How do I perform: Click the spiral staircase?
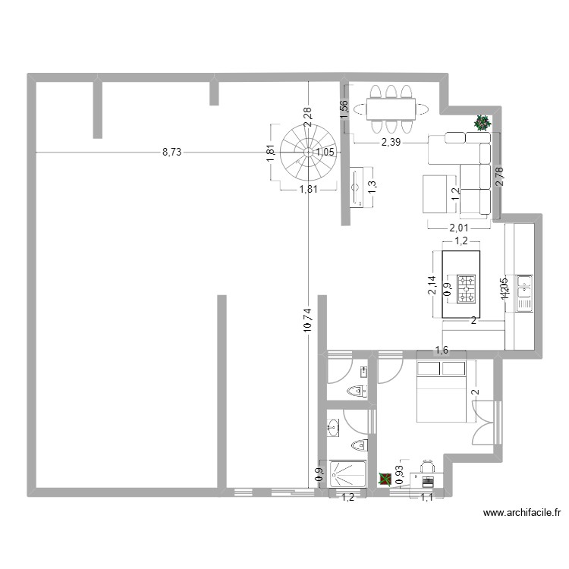click(307, 151)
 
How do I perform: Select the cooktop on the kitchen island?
click(466, 288)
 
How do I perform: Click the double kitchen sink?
click(524, 292)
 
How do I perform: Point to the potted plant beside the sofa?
click(482, 122)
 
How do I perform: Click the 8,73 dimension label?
click(171, 152)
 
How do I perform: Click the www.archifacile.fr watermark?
click(522, 514)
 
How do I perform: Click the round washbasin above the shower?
click(332, 427)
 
